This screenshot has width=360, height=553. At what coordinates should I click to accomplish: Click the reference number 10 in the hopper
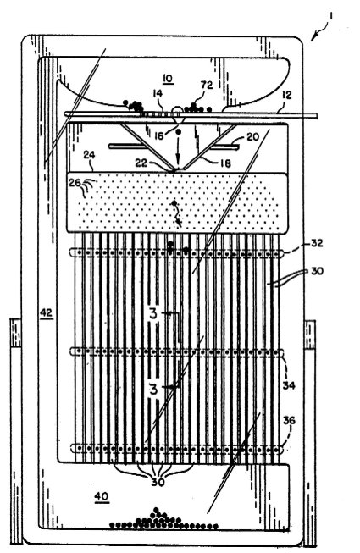[x=169, y=78]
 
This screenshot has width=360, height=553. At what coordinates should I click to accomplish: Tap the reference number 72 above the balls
[x=207, y=85]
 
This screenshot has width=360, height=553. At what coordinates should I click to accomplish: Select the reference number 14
[x=158, y=93]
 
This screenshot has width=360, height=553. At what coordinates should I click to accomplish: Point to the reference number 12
[x=287, y=95]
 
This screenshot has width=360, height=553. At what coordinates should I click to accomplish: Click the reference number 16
[x=159, y=135]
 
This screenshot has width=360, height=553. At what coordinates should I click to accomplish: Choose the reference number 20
[x=252, y=137]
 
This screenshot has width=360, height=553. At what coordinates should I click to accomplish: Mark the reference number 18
[x=225, y=163]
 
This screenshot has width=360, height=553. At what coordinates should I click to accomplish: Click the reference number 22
[x=141, y=163]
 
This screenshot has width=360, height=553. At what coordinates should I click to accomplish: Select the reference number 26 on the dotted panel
[x=75, y=184]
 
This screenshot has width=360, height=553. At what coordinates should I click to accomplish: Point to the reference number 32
[x=317, y=243]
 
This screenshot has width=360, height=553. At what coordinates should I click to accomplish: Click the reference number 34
[x=289, y=385]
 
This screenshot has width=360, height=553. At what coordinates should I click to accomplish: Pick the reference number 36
[x=289, y=420]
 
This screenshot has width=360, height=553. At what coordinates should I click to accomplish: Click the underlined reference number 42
[x=47, y=312]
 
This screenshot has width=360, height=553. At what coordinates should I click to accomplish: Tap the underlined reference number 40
[x=101, y=496]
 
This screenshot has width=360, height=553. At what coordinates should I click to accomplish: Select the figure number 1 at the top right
[x=330, y=16]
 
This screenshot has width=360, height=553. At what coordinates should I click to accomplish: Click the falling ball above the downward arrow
[x=179, y=132]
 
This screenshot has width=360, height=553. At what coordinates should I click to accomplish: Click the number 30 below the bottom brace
[x=158, y=482]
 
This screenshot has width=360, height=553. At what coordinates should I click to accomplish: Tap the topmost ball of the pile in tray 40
[x=157, y=510]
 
